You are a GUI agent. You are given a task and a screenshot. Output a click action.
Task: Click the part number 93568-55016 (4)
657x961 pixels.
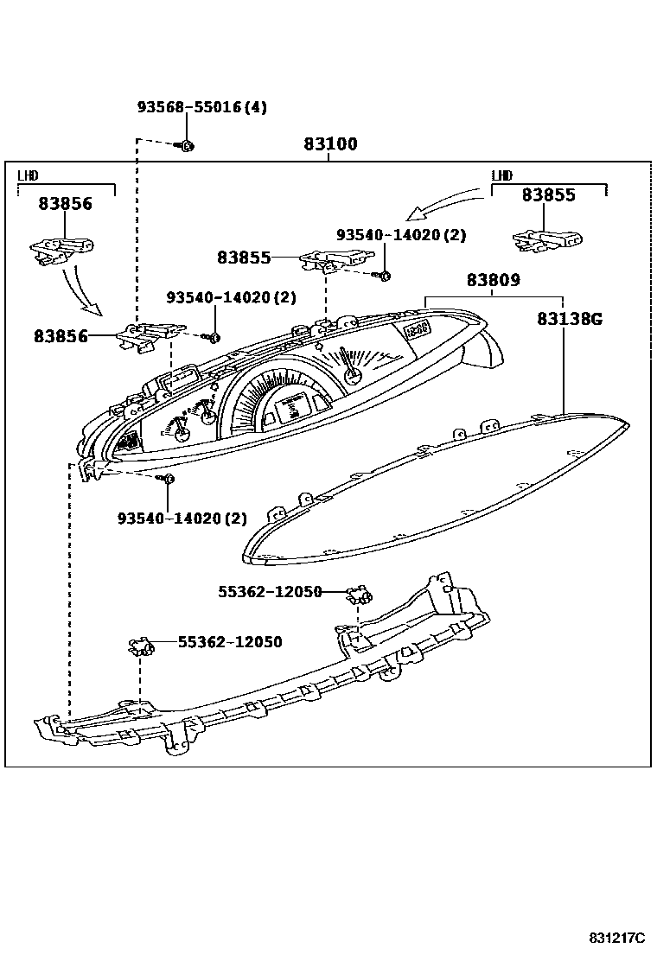click(x=201, y=107)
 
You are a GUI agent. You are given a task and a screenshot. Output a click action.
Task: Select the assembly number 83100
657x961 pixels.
click(x=329, y=144)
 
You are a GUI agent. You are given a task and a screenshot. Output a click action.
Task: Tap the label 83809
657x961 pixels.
click(x=493, y=280)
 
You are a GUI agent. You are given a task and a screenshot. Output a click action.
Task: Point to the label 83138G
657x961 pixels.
click(x=569, y=319)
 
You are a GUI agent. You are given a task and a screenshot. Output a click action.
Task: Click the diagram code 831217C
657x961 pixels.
click(x=617, y=939)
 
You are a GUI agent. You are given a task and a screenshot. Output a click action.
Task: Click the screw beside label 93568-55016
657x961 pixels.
click(x=188, y=145)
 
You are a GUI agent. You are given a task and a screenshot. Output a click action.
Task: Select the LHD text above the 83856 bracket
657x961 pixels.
click(x=28, y=176)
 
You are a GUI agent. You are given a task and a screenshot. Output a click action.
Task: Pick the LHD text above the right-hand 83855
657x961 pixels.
click(x=501, y=176)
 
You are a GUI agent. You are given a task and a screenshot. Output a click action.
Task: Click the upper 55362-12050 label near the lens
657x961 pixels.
click(x=269, y=592)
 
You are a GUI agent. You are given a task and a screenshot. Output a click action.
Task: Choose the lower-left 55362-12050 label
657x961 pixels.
click(x=230, y=642)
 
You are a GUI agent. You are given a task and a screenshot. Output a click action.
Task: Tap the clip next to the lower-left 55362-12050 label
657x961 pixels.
click(x=140, y=644)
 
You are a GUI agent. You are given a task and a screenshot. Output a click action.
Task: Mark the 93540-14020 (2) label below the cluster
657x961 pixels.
click(x=182, y=519)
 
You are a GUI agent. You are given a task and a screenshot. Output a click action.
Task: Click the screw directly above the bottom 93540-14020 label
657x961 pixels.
click(x=169, y=478)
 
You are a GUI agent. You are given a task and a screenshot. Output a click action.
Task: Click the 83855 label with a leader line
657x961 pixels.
click(x=244, y=258)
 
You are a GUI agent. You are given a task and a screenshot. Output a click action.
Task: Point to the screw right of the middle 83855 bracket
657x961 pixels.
click(x=385, y=275)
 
